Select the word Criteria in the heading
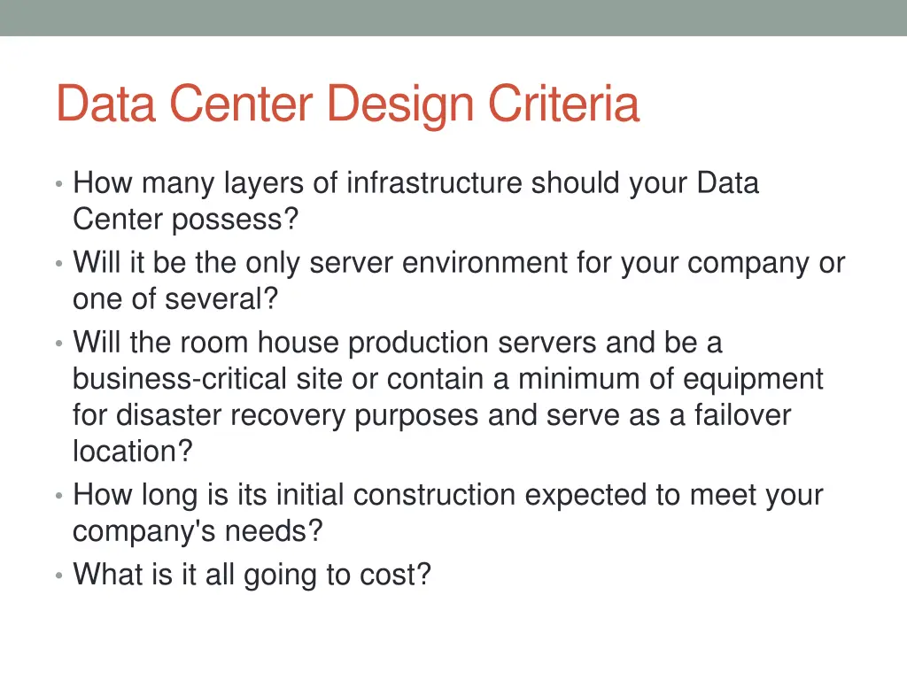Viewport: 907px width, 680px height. (x=563, y=104)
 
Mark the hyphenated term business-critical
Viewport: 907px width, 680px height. (x=180, y=379)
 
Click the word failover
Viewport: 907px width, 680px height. (x=742, y=415)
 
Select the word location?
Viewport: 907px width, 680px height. (x=132, y=452)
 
